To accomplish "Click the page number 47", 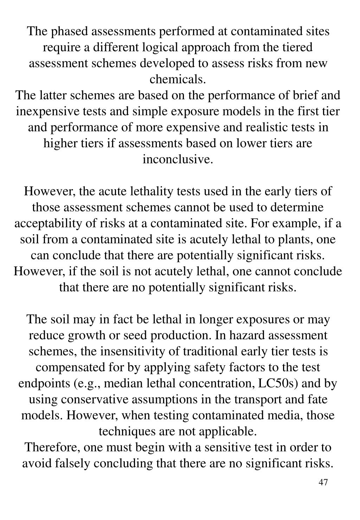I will pyautogui.click(x=323, y=482).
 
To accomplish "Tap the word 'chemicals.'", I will pyautogui.click(x=178, y=79).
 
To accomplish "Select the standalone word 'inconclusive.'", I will pyautogui.click(x=178, y=159).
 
